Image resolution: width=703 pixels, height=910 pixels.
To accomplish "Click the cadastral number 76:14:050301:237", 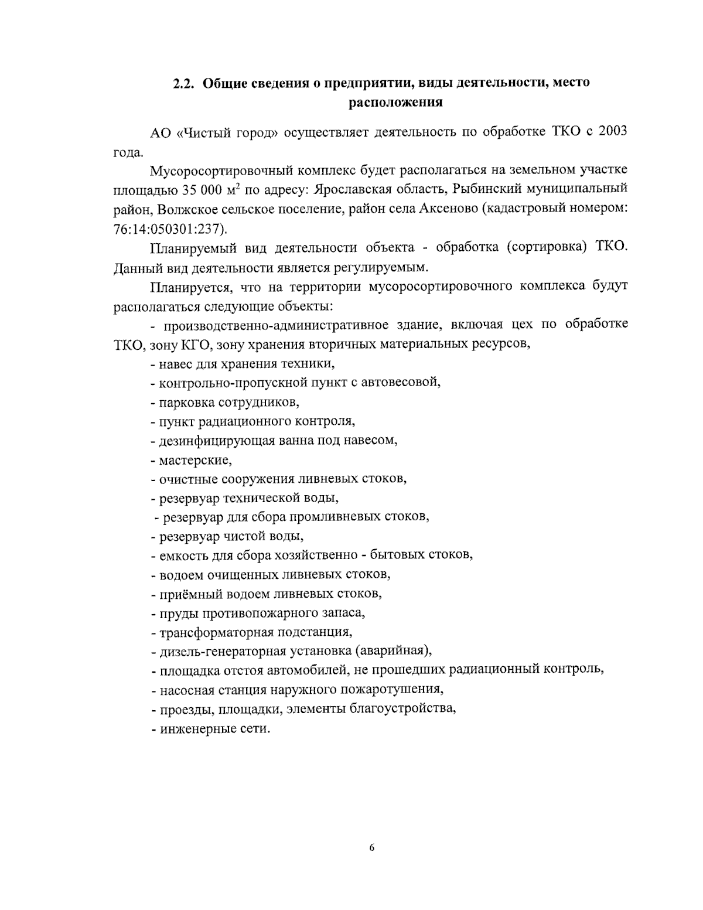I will pos(168,228).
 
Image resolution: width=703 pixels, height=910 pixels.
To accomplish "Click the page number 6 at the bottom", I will pos(372,848).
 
